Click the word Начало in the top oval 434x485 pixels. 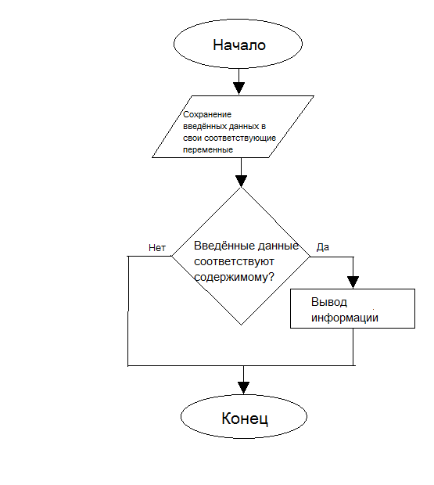pyautogui.click(x=239, y=45)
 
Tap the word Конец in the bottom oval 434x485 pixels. pyautogui.click(x=245, y=419)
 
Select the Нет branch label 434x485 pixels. pyautogui.click(x=157, y=248)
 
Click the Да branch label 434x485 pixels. pyautogui.click(x=323, y=247)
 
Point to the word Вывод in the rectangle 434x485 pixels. pyautogui.click(x=329, y=302)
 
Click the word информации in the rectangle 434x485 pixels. pyautogui.click(x=345, y=318)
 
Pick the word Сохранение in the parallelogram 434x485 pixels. pyautogui.click(x=207, y=114)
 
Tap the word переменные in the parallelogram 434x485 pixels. pyautogui.click(x=208, y=149)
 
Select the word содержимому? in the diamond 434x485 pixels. pyautogui.click(x=234, y=277)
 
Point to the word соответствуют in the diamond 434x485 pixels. pyautogui.click(x=234, y=262)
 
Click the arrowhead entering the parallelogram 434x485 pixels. pyautogui.click(x=239, y=88)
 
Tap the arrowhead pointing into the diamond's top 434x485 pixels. pyautogui.click(x=241, y=181)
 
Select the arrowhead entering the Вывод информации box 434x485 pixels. pyautogui.click(x=353, y=282)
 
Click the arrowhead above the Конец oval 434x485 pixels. pyautogui.click(x=243, y=388)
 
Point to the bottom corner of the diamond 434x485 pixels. pyautogui.click(x=241, y=325)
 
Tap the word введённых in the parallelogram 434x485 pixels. pyautogui.click(x=205, y=126)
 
